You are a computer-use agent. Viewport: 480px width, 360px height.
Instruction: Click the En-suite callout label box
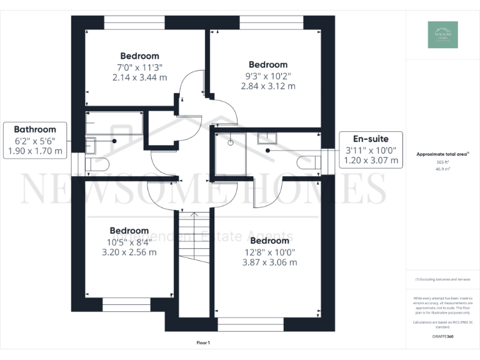coord(370,149)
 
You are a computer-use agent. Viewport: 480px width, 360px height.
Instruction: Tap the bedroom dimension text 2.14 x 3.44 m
coord(139,77)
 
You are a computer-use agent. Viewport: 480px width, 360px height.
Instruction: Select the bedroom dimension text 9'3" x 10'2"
coord(267,76)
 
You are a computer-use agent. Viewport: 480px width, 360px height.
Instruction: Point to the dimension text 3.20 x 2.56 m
coord(129,252)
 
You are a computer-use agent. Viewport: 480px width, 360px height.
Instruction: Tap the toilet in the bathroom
coord(97,164)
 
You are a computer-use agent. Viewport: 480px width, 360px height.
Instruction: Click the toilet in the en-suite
coord(310,162)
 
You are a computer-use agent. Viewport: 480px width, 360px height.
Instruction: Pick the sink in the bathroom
coord(90,144)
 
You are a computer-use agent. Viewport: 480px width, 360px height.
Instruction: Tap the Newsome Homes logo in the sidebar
coord(442,35)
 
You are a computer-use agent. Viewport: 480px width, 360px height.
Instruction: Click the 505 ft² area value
coord(442,161)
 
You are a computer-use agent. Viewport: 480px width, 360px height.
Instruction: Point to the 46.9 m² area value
coord(442,169)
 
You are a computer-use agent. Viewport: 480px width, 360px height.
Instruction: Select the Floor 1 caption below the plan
coord(203,342)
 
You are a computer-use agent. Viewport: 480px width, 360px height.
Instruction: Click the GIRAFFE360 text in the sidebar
coord(442,336)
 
